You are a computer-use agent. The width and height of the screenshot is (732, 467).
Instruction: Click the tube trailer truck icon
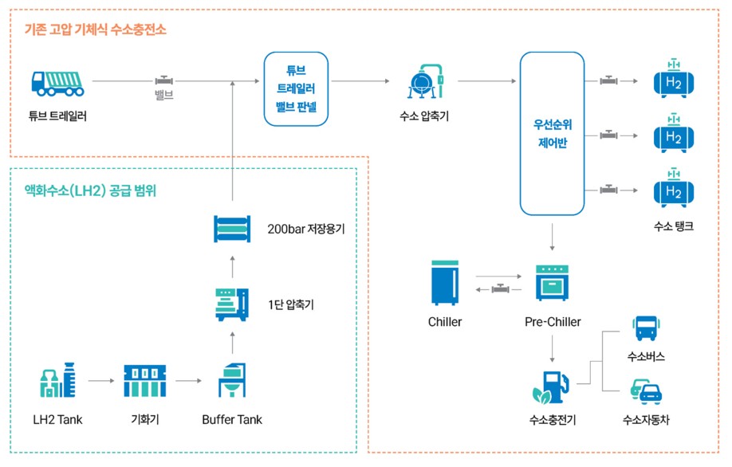tap(57, 81)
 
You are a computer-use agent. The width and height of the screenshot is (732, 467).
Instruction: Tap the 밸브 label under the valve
tap(164, 96)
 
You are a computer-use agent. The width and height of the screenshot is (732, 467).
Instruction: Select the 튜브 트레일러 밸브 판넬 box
tap(297, 88)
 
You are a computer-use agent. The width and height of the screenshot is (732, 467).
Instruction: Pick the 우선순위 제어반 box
tap(552, 134)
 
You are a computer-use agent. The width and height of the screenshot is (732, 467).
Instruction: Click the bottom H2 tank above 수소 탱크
tap(673, 189)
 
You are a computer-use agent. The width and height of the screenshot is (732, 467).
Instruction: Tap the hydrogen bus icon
tap(645, 328)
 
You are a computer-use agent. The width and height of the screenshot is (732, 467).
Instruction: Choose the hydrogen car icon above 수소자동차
tap(646, 391)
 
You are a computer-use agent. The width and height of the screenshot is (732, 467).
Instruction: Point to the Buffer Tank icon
tap(232, 381)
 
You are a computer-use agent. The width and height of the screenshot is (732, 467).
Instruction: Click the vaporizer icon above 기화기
tap(145, 381)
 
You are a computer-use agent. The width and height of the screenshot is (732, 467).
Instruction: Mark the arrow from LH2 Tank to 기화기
tap(101, 381)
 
